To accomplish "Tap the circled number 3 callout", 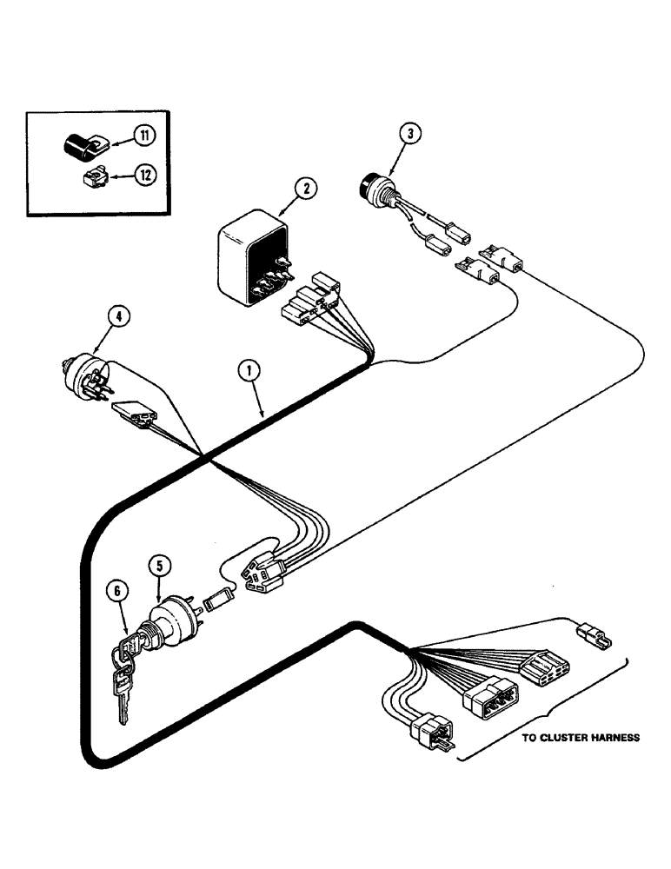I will [409, 133].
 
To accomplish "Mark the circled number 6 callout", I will [118, 591].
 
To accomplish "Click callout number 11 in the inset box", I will [143, 136].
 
